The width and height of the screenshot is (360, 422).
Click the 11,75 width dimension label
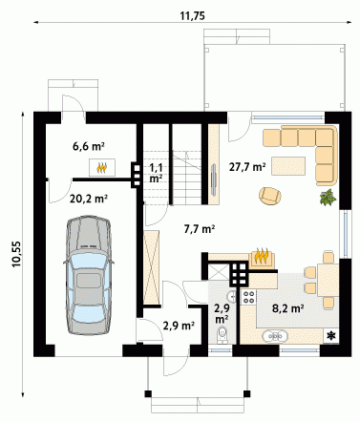[x=193, y=16]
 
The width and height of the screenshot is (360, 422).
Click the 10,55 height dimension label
[x=17, y=254]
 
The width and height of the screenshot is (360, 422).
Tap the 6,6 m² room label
[x=89, y=146]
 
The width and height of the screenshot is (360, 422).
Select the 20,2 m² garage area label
[x=89, y=199]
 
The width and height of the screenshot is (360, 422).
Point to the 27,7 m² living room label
[x=247, y=167]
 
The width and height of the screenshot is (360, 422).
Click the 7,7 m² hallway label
[x=200, y=228]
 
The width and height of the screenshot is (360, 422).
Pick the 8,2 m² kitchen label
[x=287, y=308]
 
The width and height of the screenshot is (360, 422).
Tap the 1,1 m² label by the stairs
[x=156, y=173]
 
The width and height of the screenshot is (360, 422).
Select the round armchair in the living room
[x=270, y=196]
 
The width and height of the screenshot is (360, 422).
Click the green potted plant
[x=328, y=198]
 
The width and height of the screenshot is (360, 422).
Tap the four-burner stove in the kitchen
[x=248, y=297]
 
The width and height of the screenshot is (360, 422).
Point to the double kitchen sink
[x=275, y=336]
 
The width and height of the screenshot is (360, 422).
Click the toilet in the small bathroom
[x=222, y=334]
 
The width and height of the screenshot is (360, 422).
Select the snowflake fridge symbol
[x=331, y=335]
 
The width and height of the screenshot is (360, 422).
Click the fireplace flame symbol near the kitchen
[x=262, y=257]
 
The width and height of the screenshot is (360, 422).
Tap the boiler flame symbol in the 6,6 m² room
[x=102, y=167]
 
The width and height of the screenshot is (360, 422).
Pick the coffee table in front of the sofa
[x=288, y=165]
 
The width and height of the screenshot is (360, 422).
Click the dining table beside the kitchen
[x=328, y=280]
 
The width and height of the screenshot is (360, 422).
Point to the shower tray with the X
[x=219, y=272]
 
